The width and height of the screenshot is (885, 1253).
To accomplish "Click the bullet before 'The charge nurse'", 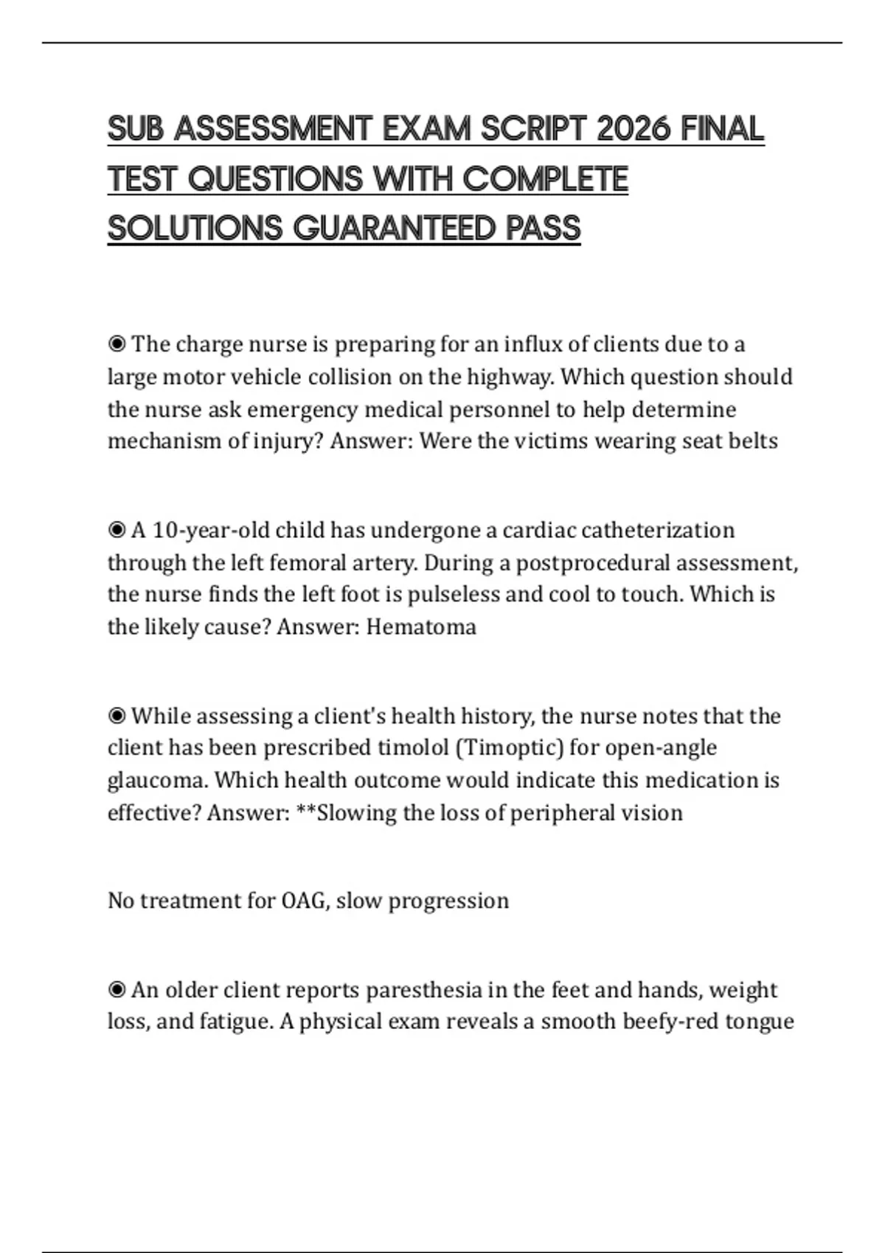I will click(x=117, y=344).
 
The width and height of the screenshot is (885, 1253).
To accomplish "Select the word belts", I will click(x=753, y=441).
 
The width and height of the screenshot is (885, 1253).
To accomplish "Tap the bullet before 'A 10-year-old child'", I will click(x=117, y=530).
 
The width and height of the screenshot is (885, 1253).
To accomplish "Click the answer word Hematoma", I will click(x=421, y=626).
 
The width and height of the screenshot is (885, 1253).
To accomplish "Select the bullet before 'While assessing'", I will click(x=117, y=716).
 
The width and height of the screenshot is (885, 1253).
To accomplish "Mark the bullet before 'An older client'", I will click(x=117, y=989).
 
